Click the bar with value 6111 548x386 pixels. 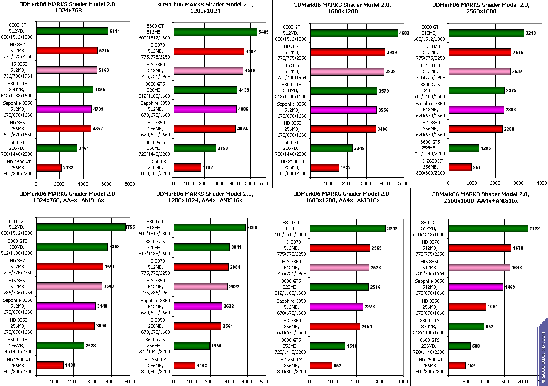coord(72,31)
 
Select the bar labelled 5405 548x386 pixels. coord(215,32)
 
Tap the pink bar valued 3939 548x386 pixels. coord(347,71)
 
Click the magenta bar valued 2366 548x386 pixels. coord(476,110)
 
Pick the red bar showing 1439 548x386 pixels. coord(50,365)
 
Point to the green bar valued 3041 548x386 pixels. coord(202,247)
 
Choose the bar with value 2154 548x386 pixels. coord(335,326)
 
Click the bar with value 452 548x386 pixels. coord(457,366)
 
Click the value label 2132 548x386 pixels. coord(68,168)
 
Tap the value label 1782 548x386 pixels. coord(207,168)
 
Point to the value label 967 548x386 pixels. coord(477,168)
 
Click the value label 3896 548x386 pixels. coord(252,228)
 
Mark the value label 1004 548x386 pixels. coord(493,307)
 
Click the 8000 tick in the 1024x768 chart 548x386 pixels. coord(130,184)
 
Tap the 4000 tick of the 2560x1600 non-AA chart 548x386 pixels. coord(542,183)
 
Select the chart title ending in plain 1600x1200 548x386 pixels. coord(342,8)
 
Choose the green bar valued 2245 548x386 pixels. coord(331,148)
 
